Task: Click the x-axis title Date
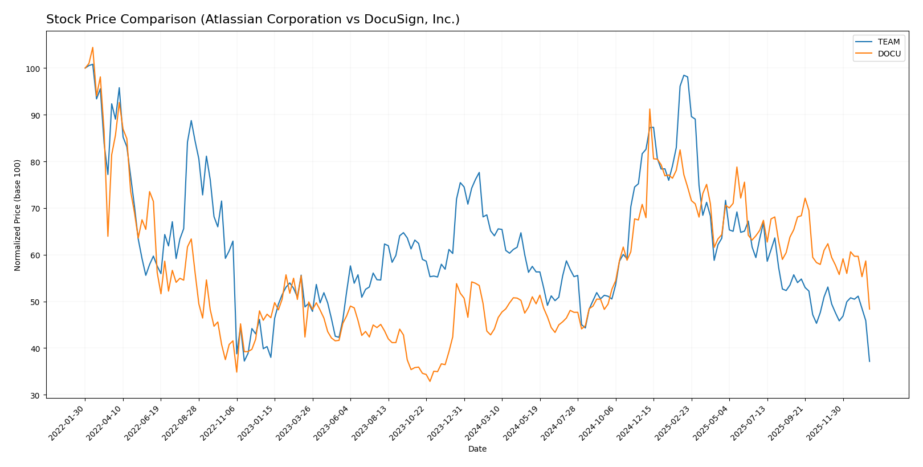(x=477, y=449)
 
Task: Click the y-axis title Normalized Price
(x=18, y=215)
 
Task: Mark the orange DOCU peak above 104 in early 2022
(x=93, y=47)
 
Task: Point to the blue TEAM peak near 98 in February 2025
(x=684, y=75)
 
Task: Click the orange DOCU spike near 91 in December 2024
(x=650, y=109)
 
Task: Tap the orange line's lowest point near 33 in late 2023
(x=430, y=381)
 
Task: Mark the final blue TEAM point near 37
(x=869, y=361)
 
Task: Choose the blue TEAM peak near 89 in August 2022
(x=191, y=120)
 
